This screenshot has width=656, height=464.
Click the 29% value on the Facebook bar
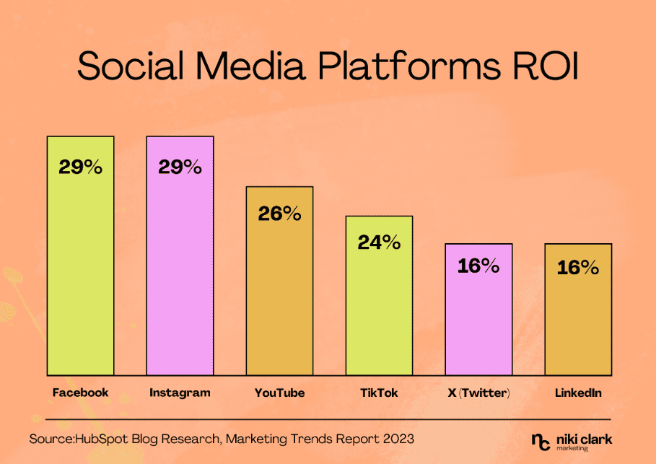(x=80, y=167)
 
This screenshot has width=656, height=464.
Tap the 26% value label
(x=280, y=214)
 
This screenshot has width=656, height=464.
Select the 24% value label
(x=379, y=242)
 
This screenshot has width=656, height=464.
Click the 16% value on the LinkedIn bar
(x=578, y=268)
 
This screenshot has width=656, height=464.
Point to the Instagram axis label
(x=180, y=393)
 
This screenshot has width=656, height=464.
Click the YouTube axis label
(x=279, y=393)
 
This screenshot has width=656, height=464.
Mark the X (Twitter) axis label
(x=478, y=393)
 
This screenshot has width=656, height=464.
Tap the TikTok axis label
(x=379, y=393)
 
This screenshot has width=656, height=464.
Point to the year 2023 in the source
(x=398, y=438)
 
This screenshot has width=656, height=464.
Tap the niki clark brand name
(x=587, y=437)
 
